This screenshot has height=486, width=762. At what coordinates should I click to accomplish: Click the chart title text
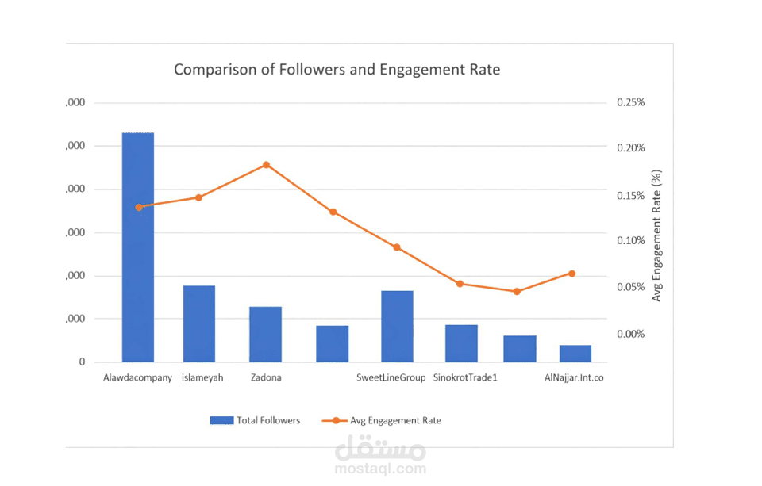pyautogui.click(x=337, y=70)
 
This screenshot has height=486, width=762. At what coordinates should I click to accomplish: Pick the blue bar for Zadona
pyautogui.click(x=265, y=334)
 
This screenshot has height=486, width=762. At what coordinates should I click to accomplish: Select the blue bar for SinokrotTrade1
pyautogui.click(x=461, y=343)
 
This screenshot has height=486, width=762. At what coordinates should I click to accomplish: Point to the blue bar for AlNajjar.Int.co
pyautogui.click(x=575, y=354)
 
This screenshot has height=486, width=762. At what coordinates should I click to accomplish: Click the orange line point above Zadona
pyautogui.click(x=266, y=165)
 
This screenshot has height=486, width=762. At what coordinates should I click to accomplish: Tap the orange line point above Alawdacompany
pyautogui.click(x=139, y=207)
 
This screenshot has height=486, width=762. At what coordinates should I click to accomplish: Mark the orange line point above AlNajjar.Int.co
pyautogui.click(x=571, y=274)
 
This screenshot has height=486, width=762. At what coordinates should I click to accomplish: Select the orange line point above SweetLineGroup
pyautogui.click(x=397, y=247)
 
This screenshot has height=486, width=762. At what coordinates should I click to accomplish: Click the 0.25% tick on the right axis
pyautogui.click(x=630, y=102)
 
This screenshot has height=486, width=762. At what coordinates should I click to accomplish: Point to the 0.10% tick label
pyautogui.click(x=630, y=240)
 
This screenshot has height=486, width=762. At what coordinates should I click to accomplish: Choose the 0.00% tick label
pyautogui.click(x=630, y=334)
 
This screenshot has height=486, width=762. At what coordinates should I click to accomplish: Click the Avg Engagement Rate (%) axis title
pyautogui.click(x=656, y=235)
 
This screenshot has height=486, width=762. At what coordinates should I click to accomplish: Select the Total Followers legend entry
pyautogui.click(x=256, y=420)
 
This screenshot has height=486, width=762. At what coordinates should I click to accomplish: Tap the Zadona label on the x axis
pyautogui.click(x=265, y=377)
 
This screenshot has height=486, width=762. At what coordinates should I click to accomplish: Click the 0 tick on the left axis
pyautogui.click(x=82, y=362)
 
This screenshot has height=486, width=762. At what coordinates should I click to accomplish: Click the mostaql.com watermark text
pyautogui.click(x=381, y=469)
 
